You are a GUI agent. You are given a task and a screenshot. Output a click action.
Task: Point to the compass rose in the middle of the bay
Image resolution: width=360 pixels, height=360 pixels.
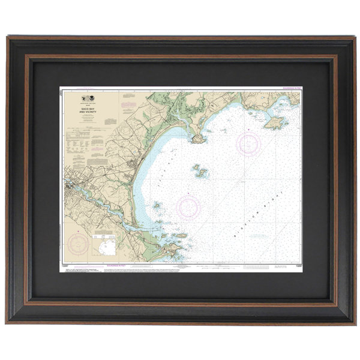pos(190,207)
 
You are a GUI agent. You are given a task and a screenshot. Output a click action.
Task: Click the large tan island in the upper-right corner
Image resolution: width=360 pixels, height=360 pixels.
pos(274,124)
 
